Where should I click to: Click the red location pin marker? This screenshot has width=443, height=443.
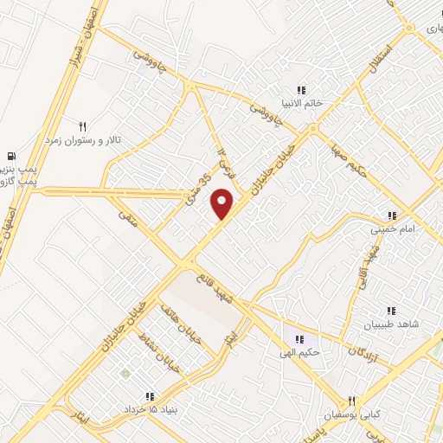pyautogui.click(x=223, y=204)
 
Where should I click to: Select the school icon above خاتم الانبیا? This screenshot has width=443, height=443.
pyautogui.click(x=301, y=89)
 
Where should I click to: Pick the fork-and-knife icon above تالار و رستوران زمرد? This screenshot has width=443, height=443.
pyautogui.click(x=83, y=125)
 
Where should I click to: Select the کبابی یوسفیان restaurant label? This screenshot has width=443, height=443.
pyautogui.click(x=352, y=414)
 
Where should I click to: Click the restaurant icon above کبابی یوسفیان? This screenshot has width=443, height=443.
pyautogui.click(x=351, y=401)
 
